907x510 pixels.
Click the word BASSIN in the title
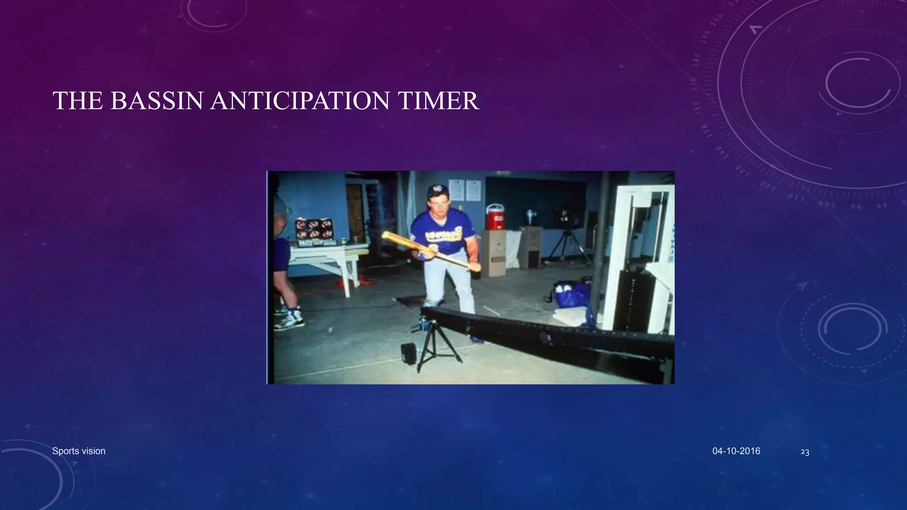[x=157, y=100]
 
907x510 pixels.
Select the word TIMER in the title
[x=438, y=100]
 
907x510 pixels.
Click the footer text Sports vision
[x=79, y=451]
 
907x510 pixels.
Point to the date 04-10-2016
[x=736, y=451]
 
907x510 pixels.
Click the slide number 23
[x=805, y=452]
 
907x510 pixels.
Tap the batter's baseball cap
[x=438, y=191]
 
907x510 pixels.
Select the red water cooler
[x=495, y=217]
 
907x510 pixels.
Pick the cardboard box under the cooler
[x=494, y=252]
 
